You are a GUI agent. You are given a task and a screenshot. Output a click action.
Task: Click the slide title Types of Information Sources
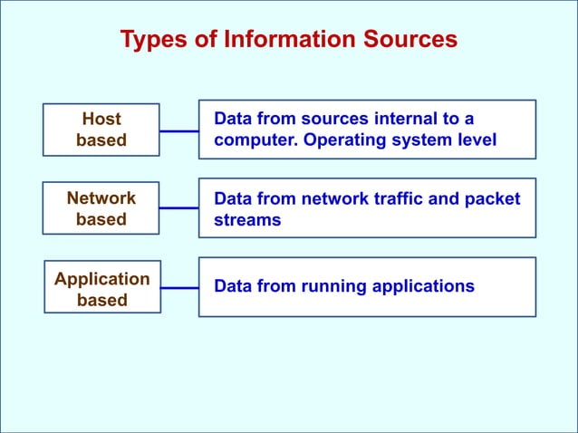click(289, 40)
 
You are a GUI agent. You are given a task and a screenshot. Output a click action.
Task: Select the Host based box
click(101, 130)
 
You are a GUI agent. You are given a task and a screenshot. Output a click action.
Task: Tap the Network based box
click(101, 208)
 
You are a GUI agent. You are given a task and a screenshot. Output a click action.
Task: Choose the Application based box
click(102, 289)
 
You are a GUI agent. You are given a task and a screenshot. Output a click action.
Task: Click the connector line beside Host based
click(179, 130)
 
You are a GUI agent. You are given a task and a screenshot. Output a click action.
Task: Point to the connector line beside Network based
click(179, 208)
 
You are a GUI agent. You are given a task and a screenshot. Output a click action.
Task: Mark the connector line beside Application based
click(179, 288)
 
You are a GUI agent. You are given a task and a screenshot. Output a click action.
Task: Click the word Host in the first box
click(101, 119)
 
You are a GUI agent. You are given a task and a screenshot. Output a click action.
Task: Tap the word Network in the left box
click(101, 197)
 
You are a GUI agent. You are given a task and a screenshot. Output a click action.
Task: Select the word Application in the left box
click(102, 278)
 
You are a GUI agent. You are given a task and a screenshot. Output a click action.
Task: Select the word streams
click(247, 220)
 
